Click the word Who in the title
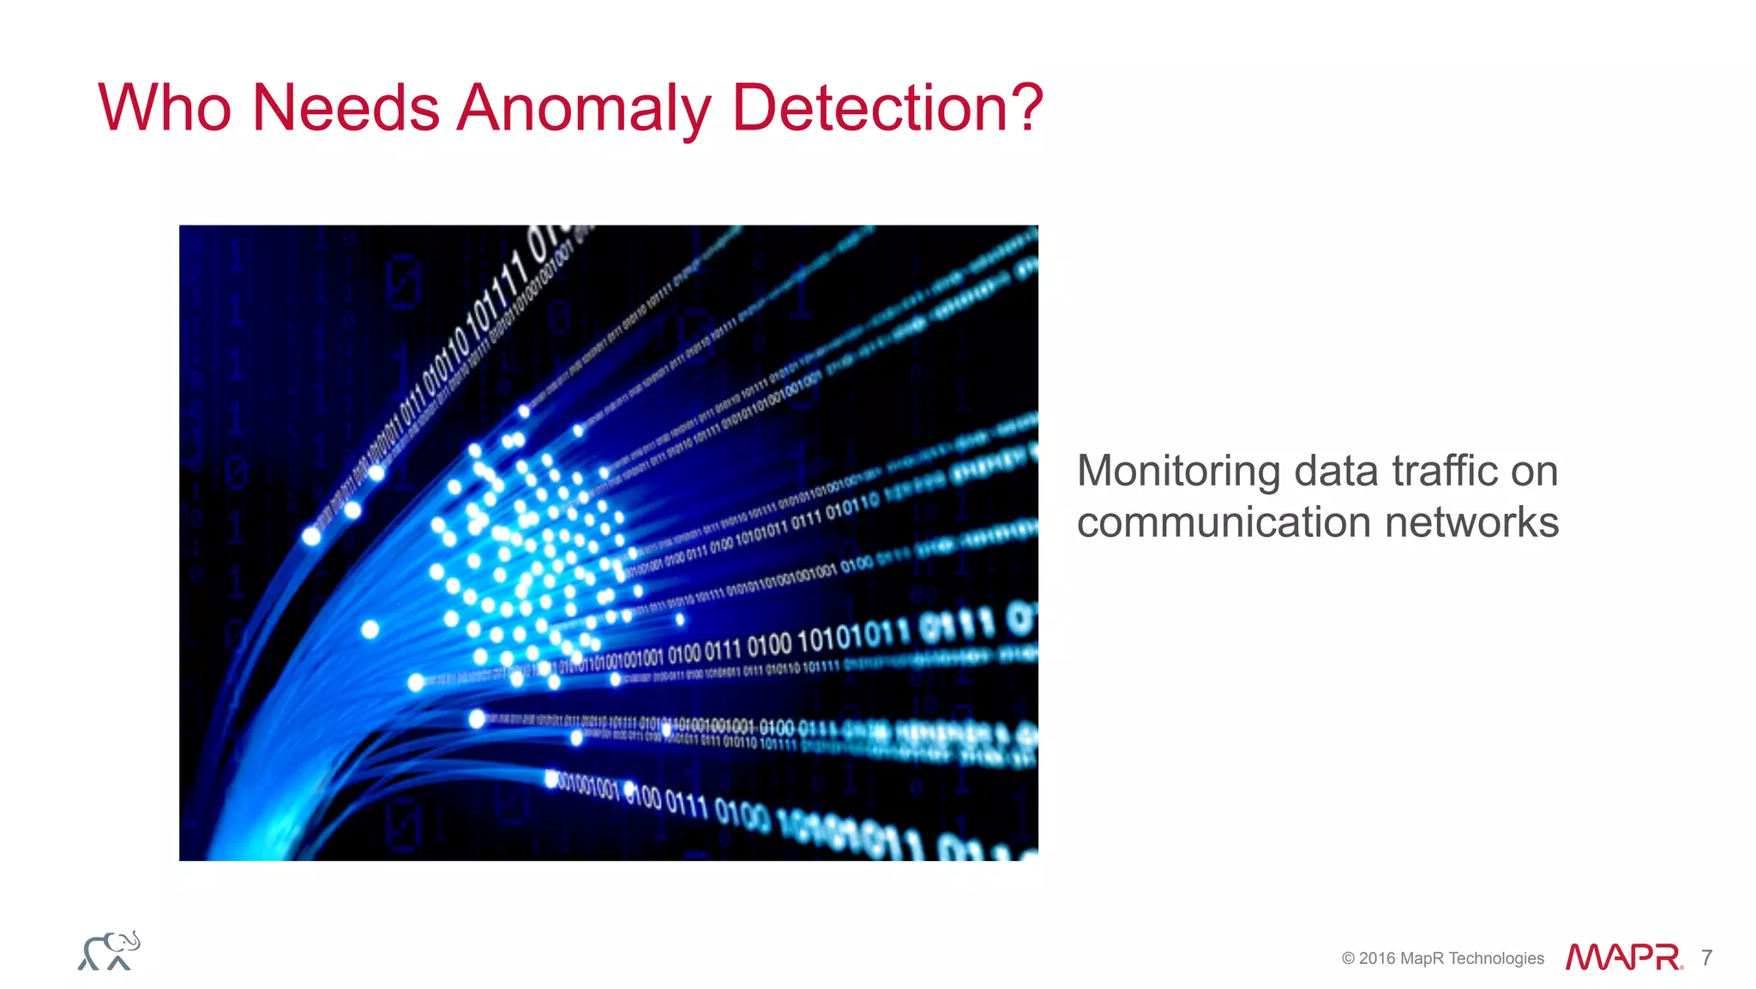(165, 108)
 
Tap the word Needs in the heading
(346, 108)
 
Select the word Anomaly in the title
(584, 110)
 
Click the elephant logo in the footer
(109, 951)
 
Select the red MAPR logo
(1622, 957)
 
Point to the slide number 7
(1706, 957)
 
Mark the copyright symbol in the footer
(1348, 958)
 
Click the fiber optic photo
(608, 542)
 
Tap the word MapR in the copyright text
(1422, 958)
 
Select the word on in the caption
(1534, 471)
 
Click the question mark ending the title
(1025, 108)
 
